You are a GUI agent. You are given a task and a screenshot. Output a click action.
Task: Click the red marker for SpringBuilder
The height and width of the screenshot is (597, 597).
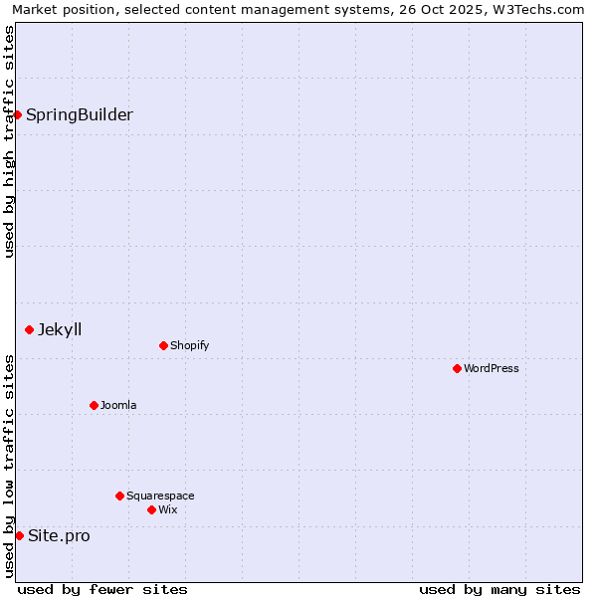coord(18,114)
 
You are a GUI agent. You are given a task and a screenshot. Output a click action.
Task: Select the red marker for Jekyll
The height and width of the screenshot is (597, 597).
coord(29,329)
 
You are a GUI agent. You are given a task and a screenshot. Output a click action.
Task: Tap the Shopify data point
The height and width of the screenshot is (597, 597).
coord(163,345)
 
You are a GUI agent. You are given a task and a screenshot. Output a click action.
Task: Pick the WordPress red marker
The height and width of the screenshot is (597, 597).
coord(457,368)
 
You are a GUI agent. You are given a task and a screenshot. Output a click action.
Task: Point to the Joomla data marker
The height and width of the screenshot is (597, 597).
coord(94,405)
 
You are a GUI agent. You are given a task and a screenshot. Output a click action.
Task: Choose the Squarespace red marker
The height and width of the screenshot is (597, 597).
coord(119,496)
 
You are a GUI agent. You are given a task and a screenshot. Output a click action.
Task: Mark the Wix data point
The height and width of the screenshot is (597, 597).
coord(151,509)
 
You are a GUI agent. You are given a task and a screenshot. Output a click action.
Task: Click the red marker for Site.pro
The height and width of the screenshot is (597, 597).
coord(19,535)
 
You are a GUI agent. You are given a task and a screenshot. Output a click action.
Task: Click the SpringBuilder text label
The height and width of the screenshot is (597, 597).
coord(80,114)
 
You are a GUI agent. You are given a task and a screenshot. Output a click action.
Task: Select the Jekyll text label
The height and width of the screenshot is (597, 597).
coord(60,329)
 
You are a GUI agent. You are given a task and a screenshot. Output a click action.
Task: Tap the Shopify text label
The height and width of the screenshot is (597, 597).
coord(189,345)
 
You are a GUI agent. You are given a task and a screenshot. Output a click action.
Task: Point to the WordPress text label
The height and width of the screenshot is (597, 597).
coord(491,368)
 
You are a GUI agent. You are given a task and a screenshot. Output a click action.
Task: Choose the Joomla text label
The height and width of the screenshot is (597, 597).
coord(118,405)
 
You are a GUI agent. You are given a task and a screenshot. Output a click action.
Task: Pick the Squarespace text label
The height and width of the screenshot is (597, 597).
coord(160,496)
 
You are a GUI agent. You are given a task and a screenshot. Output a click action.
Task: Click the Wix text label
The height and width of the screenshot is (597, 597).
coord(167,509)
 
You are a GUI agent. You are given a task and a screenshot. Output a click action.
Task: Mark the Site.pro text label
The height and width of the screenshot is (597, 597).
coord(59,535)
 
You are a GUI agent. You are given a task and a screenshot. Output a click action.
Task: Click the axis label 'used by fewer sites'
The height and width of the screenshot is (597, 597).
coord(102,589)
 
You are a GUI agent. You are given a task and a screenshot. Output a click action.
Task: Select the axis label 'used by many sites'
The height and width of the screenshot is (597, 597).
coord(499,589)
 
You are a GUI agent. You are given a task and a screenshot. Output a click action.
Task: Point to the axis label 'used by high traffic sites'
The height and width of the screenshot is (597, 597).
coord(9,142)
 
